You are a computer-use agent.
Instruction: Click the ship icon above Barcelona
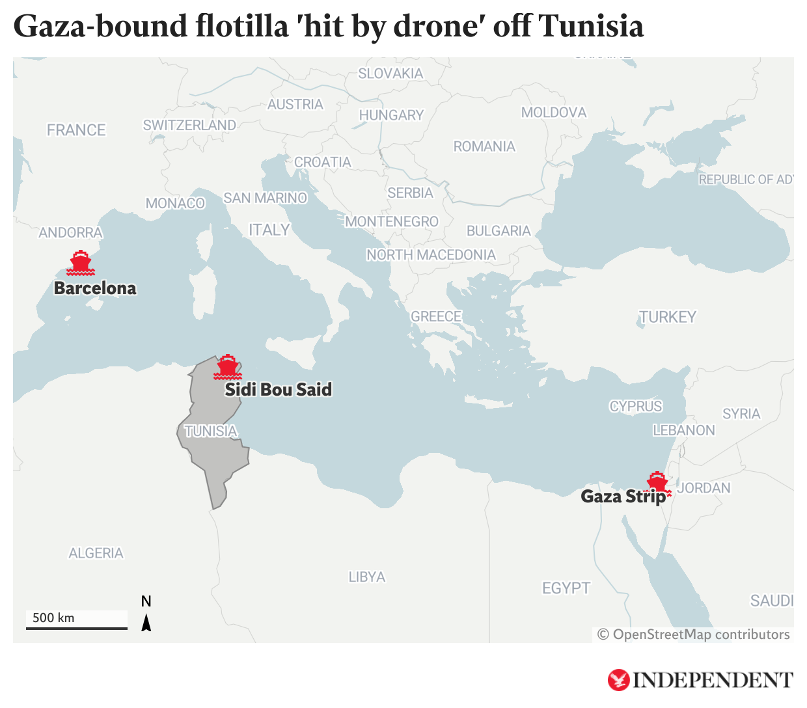(x=81, y=263)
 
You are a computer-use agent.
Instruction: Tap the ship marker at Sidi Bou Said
(x=227, y=368)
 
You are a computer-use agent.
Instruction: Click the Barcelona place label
(x=95, y=288)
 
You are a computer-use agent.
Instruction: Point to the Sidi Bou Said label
(x=278, y=390)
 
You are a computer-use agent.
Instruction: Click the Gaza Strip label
(x=623, y=497)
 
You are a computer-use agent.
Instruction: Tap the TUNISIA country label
(x=210, y=431)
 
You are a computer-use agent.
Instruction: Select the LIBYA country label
(x=366, y=577)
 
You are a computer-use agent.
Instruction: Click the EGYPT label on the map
(x=566, y=588)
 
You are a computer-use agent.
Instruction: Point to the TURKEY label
(x=668, y=317)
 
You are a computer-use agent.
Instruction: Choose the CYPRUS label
(x=635, y=407)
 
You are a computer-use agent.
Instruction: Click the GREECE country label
(x=435, y=316)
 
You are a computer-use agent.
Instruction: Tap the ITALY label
(x=269, y=230)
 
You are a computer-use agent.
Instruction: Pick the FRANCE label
(x=76, y=130)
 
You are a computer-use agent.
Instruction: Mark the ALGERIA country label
(x=96, y=553)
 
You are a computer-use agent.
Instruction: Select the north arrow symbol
(x=146, y=623)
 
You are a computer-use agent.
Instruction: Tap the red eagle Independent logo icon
(x=618, y=680)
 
